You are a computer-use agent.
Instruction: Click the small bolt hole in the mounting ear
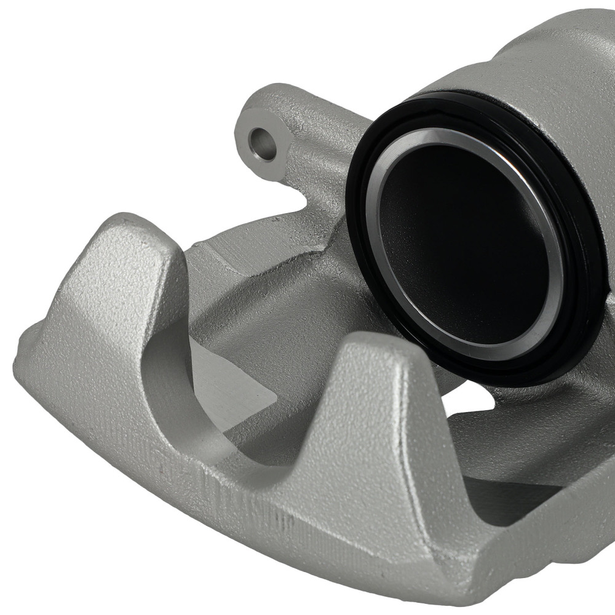(263, 143)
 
